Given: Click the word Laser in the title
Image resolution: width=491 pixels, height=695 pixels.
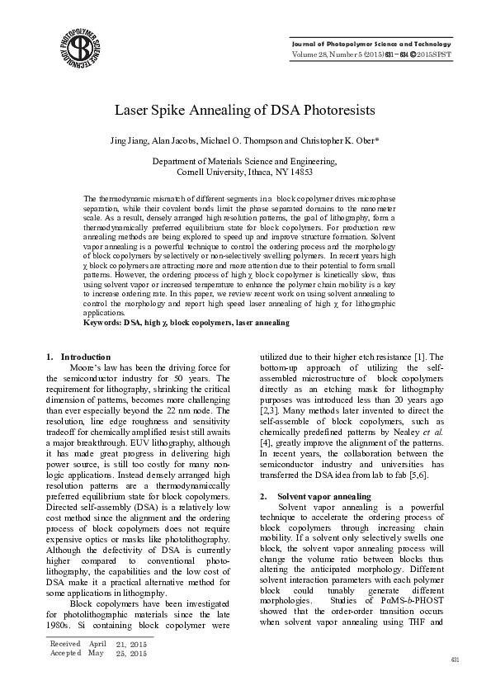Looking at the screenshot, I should (x=131, y=109).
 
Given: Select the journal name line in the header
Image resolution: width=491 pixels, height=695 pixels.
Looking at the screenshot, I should (x=375, y=44).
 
